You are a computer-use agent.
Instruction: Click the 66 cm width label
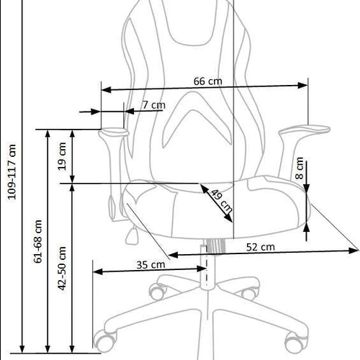[207, 81]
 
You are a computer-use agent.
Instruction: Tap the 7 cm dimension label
[153, 105]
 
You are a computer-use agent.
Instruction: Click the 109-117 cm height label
[12, 174]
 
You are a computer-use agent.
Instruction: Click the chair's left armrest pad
[113, 132]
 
